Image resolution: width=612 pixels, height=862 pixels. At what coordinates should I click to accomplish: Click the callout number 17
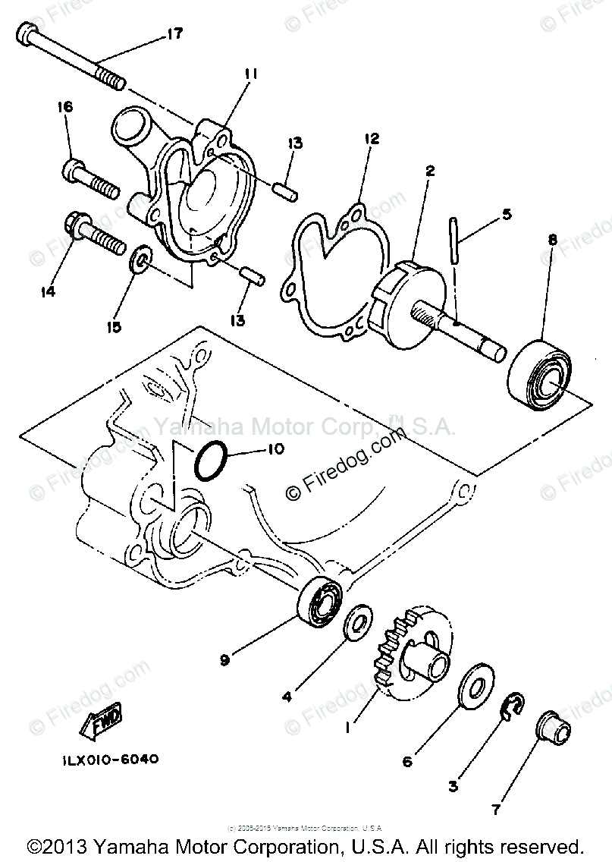click(174, 34)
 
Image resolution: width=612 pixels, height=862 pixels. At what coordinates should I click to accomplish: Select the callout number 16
click(64, 108)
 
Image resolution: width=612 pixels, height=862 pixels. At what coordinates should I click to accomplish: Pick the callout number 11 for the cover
click(251, 74)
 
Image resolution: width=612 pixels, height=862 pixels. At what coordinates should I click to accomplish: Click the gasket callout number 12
click(371, 139)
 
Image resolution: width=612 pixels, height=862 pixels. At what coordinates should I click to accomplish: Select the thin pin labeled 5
click(454, 241)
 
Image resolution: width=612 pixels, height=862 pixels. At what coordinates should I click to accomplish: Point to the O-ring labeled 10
click(210, 461)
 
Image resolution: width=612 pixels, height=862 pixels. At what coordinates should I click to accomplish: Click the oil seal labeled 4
click(357, 622)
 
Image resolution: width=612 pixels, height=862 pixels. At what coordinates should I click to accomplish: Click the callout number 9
click(224, 660)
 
